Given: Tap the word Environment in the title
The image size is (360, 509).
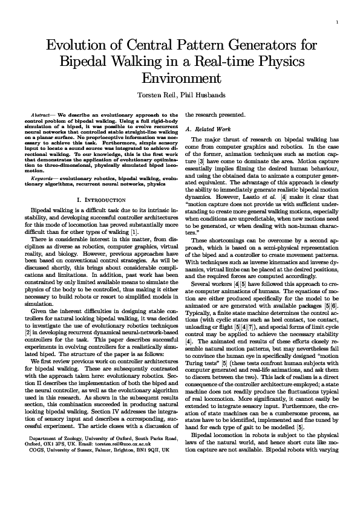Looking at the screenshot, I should pos(179,79).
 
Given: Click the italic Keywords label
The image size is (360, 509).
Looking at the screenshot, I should pos(43,179).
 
